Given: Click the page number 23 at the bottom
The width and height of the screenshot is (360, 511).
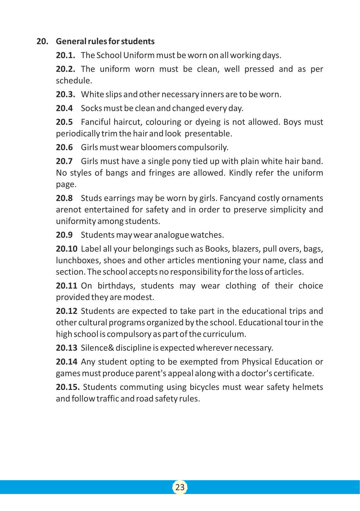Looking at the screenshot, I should [x=180, y=487].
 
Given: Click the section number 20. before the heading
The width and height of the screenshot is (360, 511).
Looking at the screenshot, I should [x=42, y=41].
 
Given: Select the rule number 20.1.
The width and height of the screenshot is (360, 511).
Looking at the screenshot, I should [x=65, y=55].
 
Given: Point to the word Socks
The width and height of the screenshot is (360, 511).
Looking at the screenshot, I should [x=91, y=108].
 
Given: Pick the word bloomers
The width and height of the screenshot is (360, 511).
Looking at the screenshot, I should [x=158, y=147].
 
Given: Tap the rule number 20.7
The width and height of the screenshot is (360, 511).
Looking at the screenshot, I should [x=64, y=161].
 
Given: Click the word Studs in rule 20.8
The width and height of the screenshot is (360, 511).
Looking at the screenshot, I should [x=90, y=198].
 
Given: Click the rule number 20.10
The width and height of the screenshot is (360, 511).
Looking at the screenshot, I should [x=67, y=249].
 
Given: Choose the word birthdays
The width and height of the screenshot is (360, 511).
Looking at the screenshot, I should [x=116, y=286].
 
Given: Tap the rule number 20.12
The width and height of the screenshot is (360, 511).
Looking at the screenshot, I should [x=67, y=311].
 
